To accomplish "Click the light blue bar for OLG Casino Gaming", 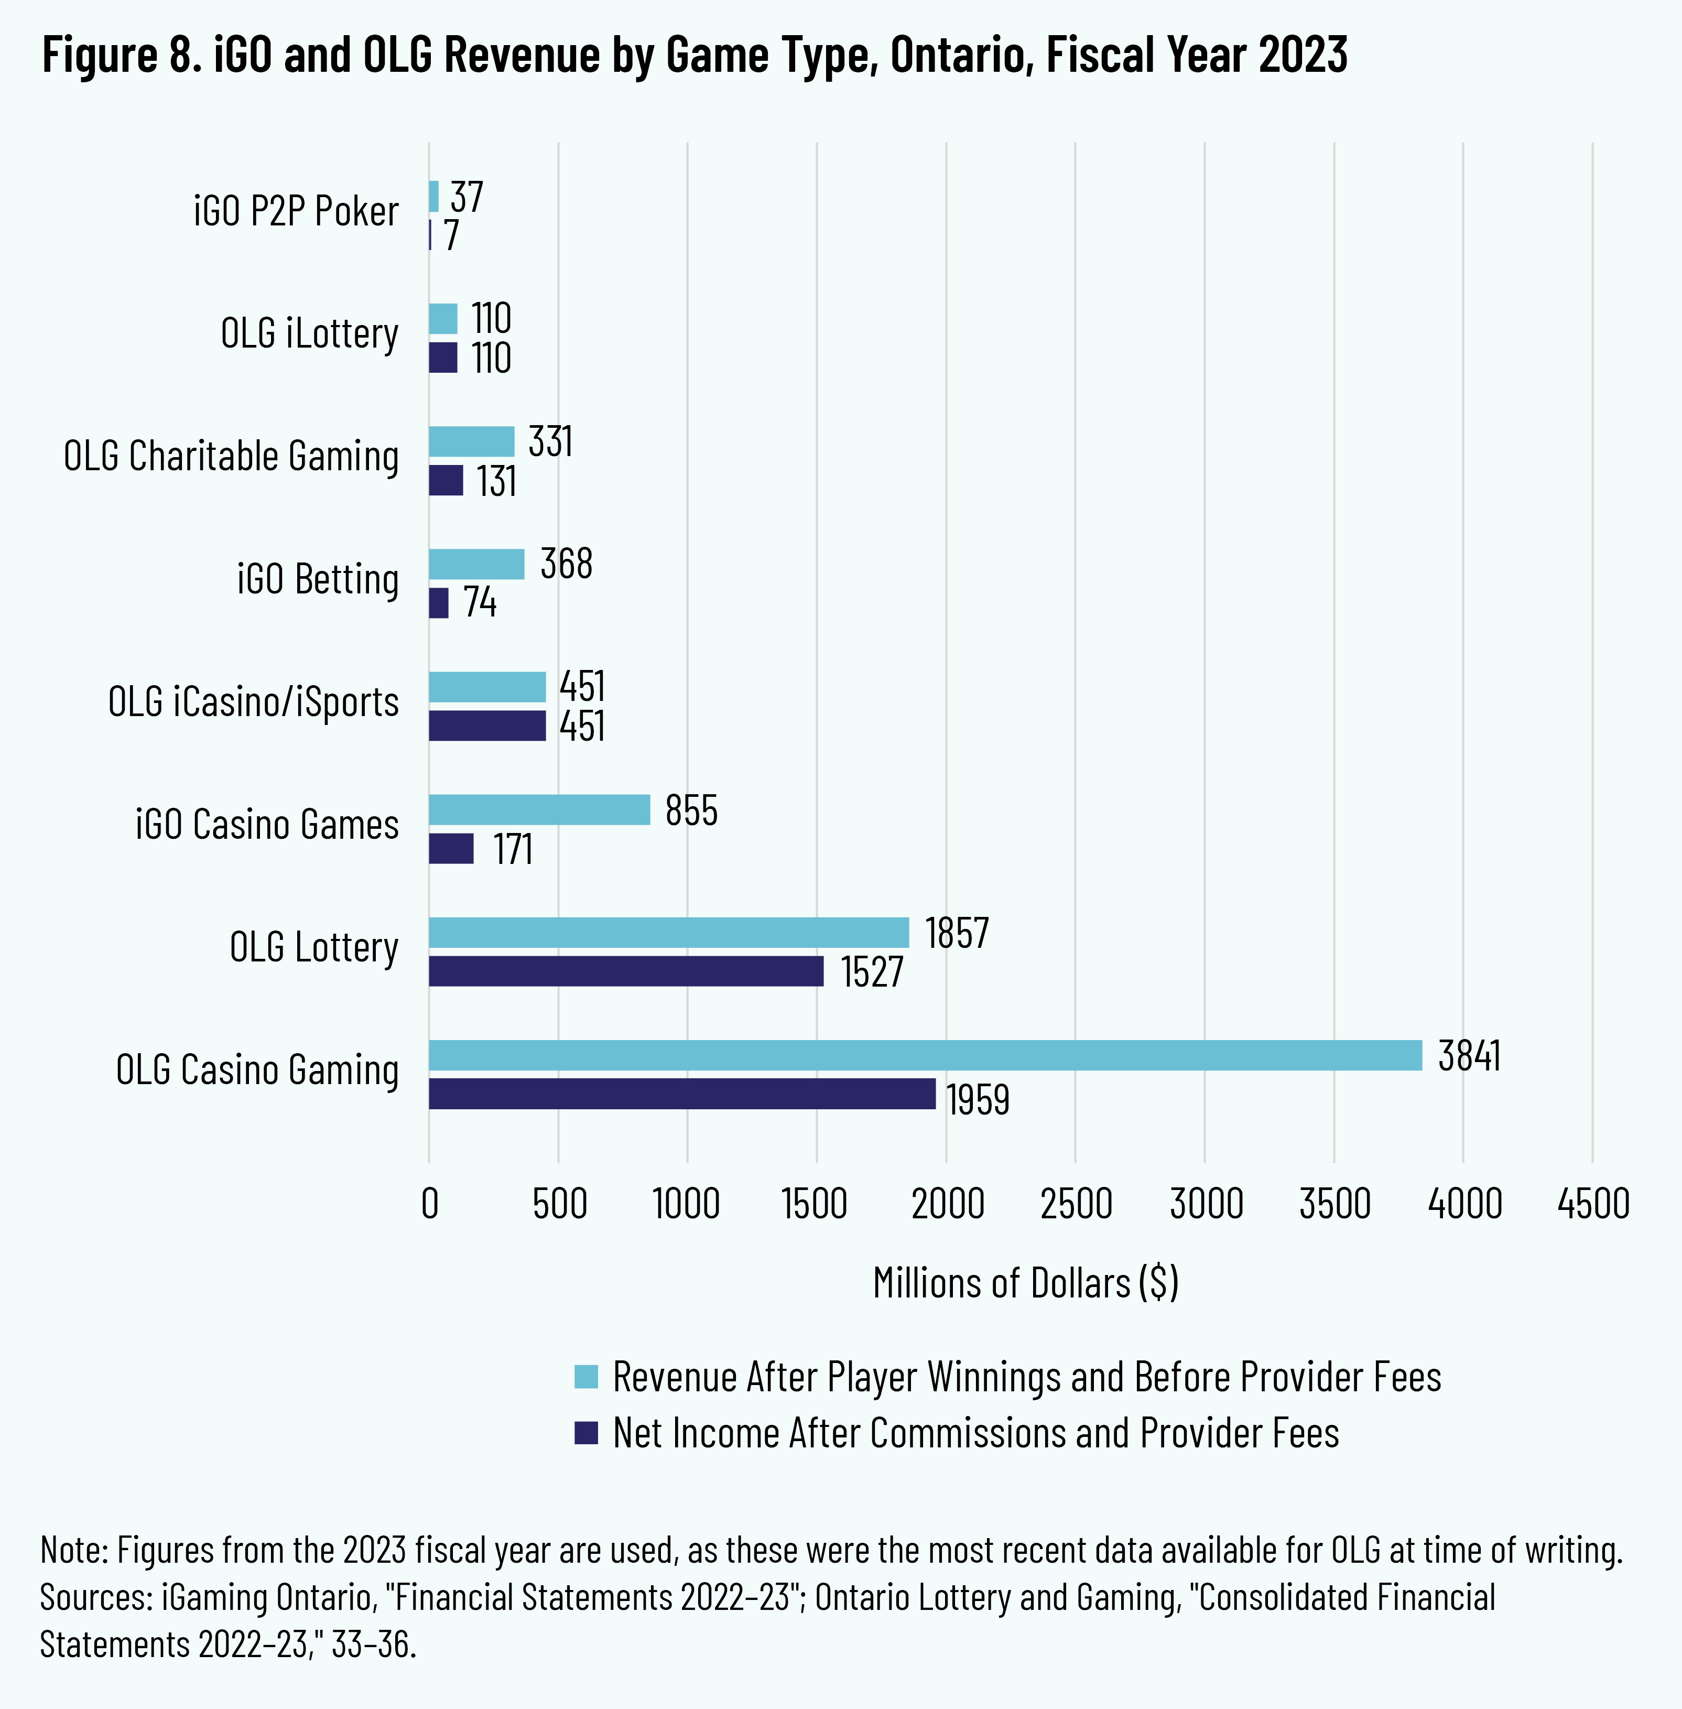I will tap(925, 1055).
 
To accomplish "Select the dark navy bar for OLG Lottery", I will tap(626, 971).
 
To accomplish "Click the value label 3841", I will tap(1469, 1056).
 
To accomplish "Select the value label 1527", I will tap(872, 972).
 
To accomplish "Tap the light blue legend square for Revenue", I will tap(585, 1377).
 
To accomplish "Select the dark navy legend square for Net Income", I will tap(585, 1432).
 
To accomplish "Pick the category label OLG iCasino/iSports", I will tap(254, 701).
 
